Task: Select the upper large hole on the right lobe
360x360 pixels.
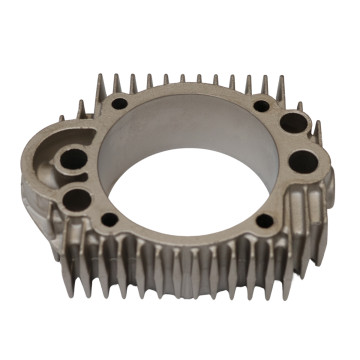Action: click(x=292, y=124)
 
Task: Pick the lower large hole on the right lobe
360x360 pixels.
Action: click(x=301, y=162)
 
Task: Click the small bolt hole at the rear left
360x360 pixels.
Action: click(x=119, y=103)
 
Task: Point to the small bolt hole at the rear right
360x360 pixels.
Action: click(x=261, y=105)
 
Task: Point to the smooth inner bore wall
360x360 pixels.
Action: click(x=190, y=130)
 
